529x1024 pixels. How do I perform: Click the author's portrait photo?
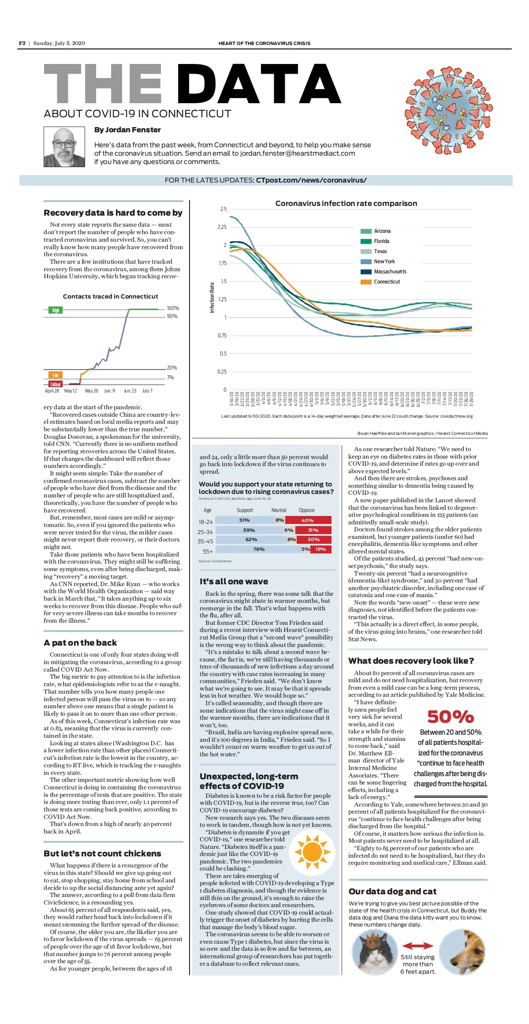click(64, 147)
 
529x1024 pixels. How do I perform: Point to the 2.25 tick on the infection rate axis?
click(222, 227)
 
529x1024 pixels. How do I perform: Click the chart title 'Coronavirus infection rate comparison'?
click(346, 203)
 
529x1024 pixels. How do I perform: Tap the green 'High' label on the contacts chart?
click(55, 310)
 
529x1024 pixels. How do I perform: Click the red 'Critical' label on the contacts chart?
click(55, 384)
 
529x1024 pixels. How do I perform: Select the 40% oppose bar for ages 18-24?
click(308, 520)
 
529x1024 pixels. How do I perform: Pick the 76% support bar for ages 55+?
click(258, 549)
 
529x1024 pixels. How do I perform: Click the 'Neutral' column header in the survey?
click(279, 510)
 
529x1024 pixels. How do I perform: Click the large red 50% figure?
click(450, 716)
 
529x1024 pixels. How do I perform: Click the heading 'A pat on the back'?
click(80, 643)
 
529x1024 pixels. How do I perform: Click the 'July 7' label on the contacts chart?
click(147, 391)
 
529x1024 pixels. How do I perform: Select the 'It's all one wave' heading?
click(234, 581)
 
